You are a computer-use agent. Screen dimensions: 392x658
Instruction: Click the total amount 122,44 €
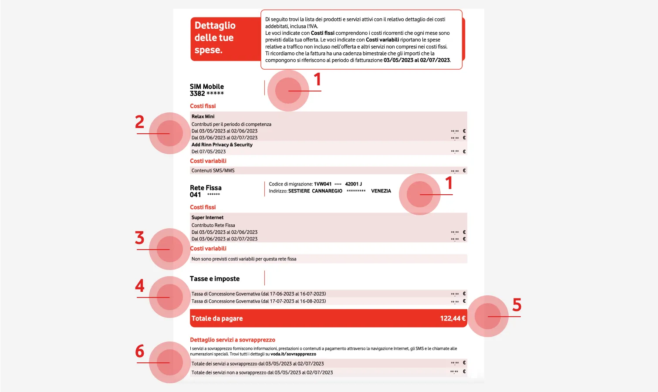click(x=452, y=318)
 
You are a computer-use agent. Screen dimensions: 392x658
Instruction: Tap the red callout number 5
click(x=516, y=305)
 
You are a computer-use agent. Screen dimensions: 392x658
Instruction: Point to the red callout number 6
click(x=139, y=351)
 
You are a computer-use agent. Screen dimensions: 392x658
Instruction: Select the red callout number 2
click(x=139, y=122)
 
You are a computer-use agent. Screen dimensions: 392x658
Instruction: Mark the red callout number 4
click(x=139, y=286)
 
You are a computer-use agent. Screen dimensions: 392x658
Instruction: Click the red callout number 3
click(x=139, y=238)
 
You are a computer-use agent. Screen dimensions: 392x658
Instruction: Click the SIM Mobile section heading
click(x=207, y=87)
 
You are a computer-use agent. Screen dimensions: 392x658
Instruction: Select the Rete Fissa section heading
click(x=206, y=188)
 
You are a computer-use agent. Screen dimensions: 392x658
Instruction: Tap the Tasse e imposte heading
click(x=215, y=279)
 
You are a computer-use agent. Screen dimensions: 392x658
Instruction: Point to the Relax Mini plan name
click(x=203, y=117)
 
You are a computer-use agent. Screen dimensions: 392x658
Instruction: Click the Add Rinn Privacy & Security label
click(x=222, y=145)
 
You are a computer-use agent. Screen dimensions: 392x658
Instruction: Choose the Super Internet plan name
click(x=207, y=217)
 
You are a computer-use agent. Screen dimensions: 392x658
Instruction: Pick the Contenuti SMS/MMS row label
click(x=213, y=171)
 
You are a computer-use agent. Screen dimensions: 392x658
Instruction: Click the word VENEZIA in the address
click(x=381, y=191)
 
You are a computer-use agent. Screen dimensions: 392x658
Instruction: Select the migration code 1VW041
click(x=323, y=184)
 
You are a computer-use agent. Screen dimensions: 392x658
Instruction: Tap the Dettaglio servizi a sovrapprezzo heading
click(x=233, y=340)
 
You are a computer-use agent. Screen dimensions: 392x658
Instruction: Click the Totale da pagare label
click(x=217, y=318)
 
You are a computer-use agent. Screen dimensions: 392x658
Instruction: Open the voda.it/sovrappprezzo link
click(x=293, y=354)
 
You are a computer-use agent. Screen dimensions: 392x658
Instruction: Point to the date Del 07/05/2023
click(x=209, y=152)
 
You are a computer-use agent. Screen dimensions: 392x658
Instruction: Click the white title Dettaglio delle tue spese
click(x=215, y=37)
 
